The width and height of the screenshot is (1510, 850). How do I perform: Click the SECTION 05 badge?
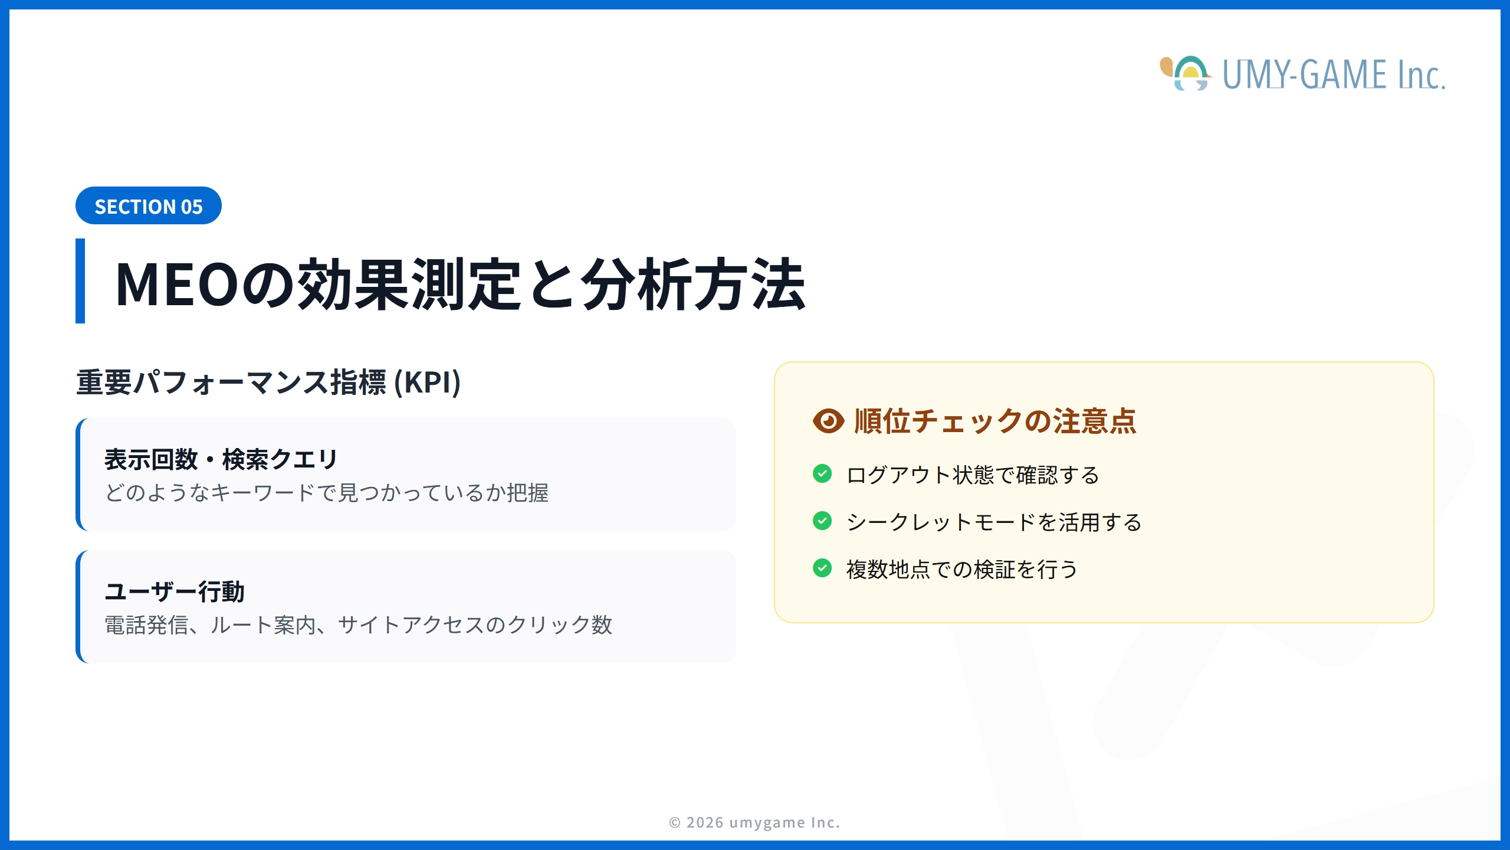click(x=149, y=205)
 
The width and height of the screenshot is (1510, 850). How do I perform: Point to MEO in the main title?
click(x=177, y=285)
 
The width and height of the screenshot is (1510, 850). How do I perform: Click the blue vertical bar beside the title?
click(x=80, y=281)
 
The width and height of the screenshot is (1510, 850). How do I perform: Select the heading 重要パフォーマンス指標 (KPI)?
click(x=268, y=382)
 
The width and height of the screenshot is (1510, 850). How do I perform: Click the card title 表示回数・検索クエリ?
click(x=221, y=459)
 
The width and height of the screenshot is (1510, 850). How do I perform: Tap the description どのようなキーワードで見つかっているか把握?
click(x=327, y=493)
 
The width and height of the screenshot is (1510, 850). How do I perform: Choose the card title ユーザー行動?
click(x=175, y=591)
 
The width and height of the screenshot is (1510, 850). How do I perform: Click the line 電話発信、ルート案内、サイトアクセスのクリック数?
click(x=359, y=625)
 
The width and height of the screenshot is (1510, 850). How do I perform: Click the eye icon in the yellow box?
click(x=829, y=421)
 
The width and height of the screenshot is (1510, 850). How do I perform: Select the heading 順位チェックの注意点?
click(x=995, y=421)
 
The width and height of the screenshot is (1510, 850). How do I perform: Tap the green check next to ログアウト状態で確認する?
click(x=822, y=473)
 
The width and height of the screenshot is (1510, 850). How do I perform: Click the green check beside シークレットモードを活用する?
click(x=822, y=521)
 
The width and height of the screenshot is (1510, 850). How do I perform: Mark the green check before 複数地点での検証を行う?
click(x=822, y=568)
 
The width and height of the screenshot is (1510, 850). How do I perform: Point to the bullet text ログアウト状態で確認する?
click(x=973, y=475)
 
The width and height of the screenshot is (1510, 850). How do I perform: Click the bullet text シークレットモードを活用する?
click(x=994, y=522)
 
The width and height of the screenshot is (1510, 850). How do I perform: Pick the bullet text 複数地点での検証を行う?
click(x=963, y=570)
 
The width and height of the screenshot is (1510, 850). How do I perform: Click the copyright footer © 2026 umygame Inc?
click(x=754, y=822)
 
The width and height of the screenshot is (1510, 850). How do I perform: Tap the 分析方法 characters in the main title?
click(x=694, y=285)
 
